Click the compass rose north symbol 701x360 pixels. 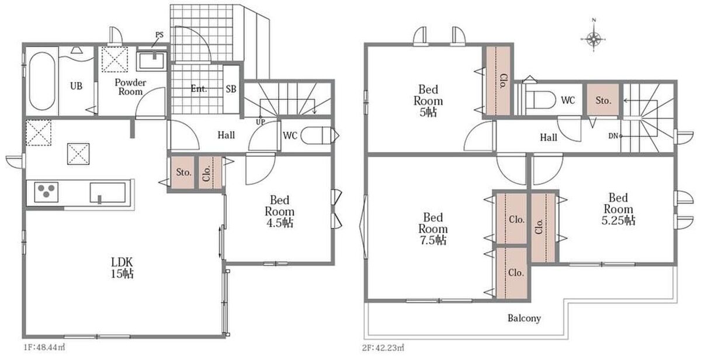click(594, 39)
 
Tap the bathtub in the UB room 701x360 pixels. click(42, 81)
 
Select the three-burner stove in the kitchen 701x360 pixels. click(46, 192)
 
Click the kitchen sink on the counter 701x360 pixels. click(108, 193)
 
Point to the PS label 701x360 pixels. click(159, 34)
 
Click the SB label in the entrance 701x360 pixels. click(231, 89)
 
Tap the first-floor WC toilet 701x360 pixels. click(316, 135)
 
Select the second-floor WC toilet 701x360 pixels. click(540, 100)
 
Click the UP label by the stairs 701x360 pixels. click(261, 122)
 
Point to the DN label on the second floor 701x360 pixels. click(613, 136)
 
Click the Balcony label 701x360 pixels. click(524, 319)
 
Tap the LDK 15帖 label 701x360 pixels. click(122, 268)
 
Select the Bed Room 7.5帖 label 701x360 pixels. click(433, 229)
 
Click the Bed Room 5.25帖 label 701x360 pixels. click(619, 209)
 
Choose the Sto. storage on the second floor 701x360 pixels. click(603, 100)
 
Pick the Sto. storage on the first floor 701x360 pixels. click(183, 172)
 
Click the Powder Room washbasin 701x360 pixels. click(152, 60)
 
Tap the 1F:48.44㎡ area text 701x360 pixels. click(44, 347)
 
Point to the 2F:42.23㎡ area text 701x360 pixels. click(383, 348)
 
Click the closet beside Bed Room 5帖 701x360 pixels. click(498, 81)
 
